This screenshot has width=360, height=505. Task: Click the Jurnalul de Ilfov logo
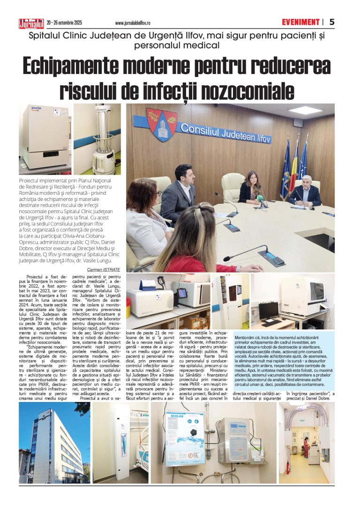click(x=31, y=22)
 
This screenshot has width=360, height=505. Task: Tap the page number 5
click(x=332, y=22)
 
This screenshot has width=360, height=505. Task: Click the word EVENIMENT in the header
click(x=300, y=22)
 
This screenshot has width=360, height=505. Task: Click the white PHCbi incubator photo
click(x=45, y=137)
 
